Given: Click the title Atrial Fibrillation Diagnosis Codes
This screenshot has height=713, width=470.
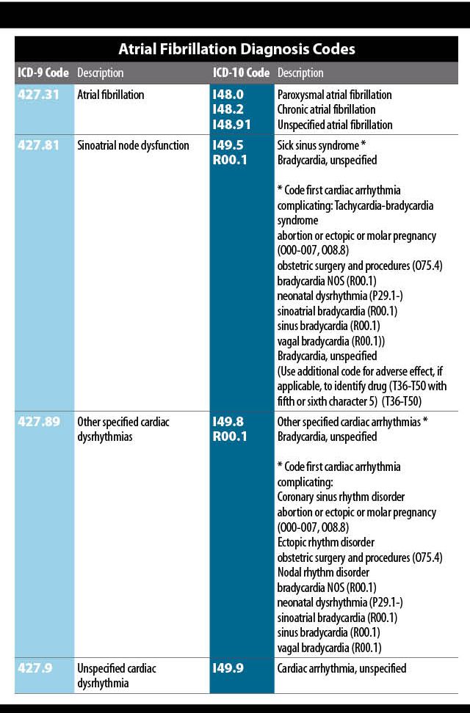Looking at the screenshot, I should [x=236, y=49].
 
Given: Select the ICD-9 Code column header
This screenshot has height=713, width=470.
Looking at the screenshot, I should [x=43, y=73].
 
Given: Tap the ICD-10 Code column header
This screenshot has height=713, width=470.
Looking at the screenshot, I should [x=241, y=73].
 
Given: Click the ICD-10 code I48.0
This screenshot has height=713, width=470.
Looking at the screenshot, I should [x=228, y=95].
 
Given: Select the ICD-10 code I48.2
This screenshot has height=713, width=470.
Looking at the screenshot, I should [x=228, y=109].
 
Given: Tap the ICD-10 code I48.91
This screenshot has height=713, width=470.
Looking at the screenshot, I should [x=231, y=125].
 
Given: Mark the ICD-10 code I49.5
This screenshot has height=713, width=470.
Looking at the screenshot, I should [x=228, y=145].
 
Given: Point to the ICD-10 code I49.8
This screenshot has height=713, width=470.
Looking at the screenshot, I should [x=228, y=422].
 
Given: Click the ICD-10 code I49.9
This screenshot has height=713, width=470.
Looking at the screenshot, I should [x=228, y=668].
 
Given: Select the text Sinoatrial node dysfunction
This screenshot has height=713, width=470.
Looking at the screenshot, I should [x=133, y=145].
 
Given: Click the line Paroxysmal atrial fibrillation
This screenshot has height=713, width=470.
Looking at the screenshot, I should [x=335, y=95].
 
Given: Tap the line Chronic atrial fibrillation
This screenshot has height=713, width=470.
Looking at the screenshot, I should [x=326, y=110].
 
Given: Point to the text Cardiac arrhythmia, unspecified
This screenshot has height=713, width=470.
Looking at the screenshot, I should [x=341, y=668].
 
